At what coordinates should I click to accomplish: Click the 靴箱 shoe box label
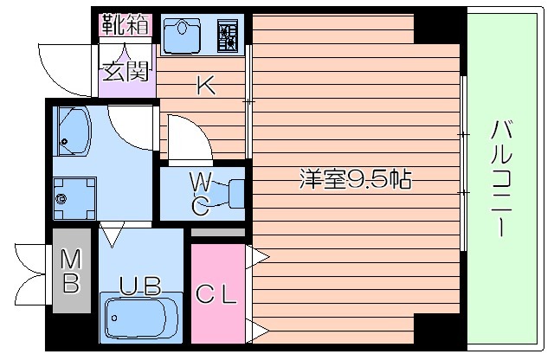126,23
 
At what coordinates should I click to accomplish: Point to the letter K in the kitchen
204,85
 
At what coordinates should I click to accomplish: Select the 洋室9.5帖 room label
355,180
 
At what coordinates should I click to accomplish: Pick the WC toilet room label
199,192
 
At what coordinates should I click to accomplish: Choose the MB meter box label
71,270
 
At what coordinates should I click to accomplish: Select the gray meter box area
71,270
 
